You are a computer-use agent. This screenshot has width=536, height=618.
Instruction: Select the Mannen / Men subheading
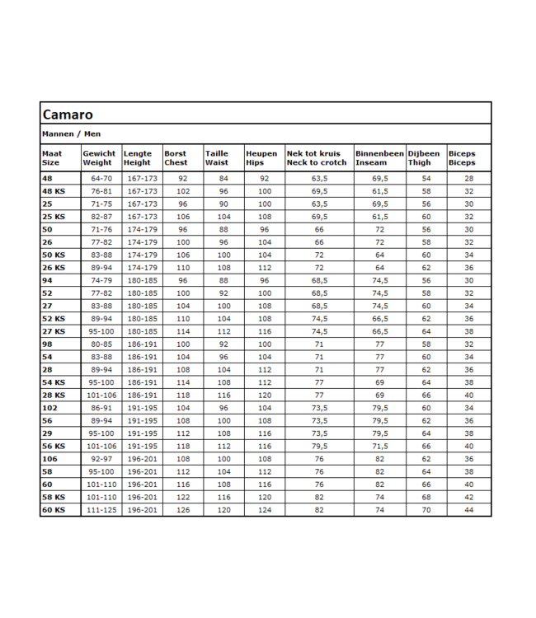tap(71, 133)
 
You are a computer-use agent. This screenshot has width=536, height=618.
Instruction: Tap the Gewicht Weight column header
tap(98, 157)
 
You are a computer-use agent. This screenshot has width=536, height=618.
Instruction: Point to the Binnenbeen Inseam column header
tap(379, 157)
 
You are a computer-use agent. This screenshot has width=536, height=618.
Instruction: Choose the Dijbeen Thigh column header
tap(424, 157)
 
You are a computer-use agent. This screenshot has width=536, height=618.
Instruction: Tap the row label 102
tap(49, 407)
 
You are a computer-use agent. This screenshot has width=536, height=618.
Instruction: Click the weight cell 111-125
tap(101, 511)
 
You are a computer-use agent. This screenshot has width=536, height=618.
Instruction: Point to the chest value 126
tap(182, 511)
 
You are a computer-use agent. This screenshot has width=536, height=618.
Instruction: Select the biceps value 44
tap(469, 511)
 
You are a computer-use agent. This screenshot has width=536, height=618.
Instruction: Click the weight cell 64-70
tap(101, 178)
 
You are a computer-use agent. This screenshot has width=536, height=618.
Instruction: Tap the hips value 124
tap(264, 511)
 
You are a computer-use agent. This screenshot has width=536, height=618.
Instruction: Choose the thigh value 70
tap(426, 511)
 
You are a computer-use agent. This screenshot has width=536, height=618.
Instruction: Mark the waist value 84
tap(223, 178)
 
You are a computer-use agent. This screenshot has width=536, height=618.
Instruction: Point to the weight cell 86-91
tap(101, 407)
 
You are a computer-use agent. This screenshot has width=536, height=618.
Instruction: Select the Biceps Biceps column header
tap(462, 157)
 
